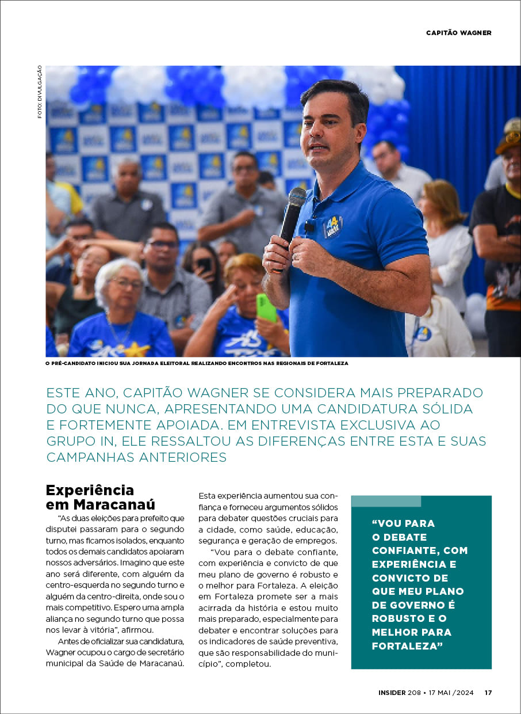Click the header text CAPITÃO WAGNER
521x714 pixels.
click(458, 33)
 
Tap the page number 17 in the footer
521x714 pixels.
click(488, 693)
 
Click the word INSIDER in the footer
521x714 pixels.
click(394, 693)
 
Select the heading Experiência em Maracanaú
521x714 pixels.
click(101, 497)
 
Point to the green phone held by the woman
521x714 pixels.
click(266, 307)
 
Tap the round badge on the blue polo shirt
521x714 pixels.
click(333, 226)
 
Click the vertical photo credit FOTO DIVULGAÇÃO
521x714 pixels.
click(40, 92)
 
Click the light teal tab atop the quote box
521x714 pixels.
click(386, 501)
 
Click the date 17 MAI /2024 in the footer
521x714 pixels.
click(452, 693)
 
